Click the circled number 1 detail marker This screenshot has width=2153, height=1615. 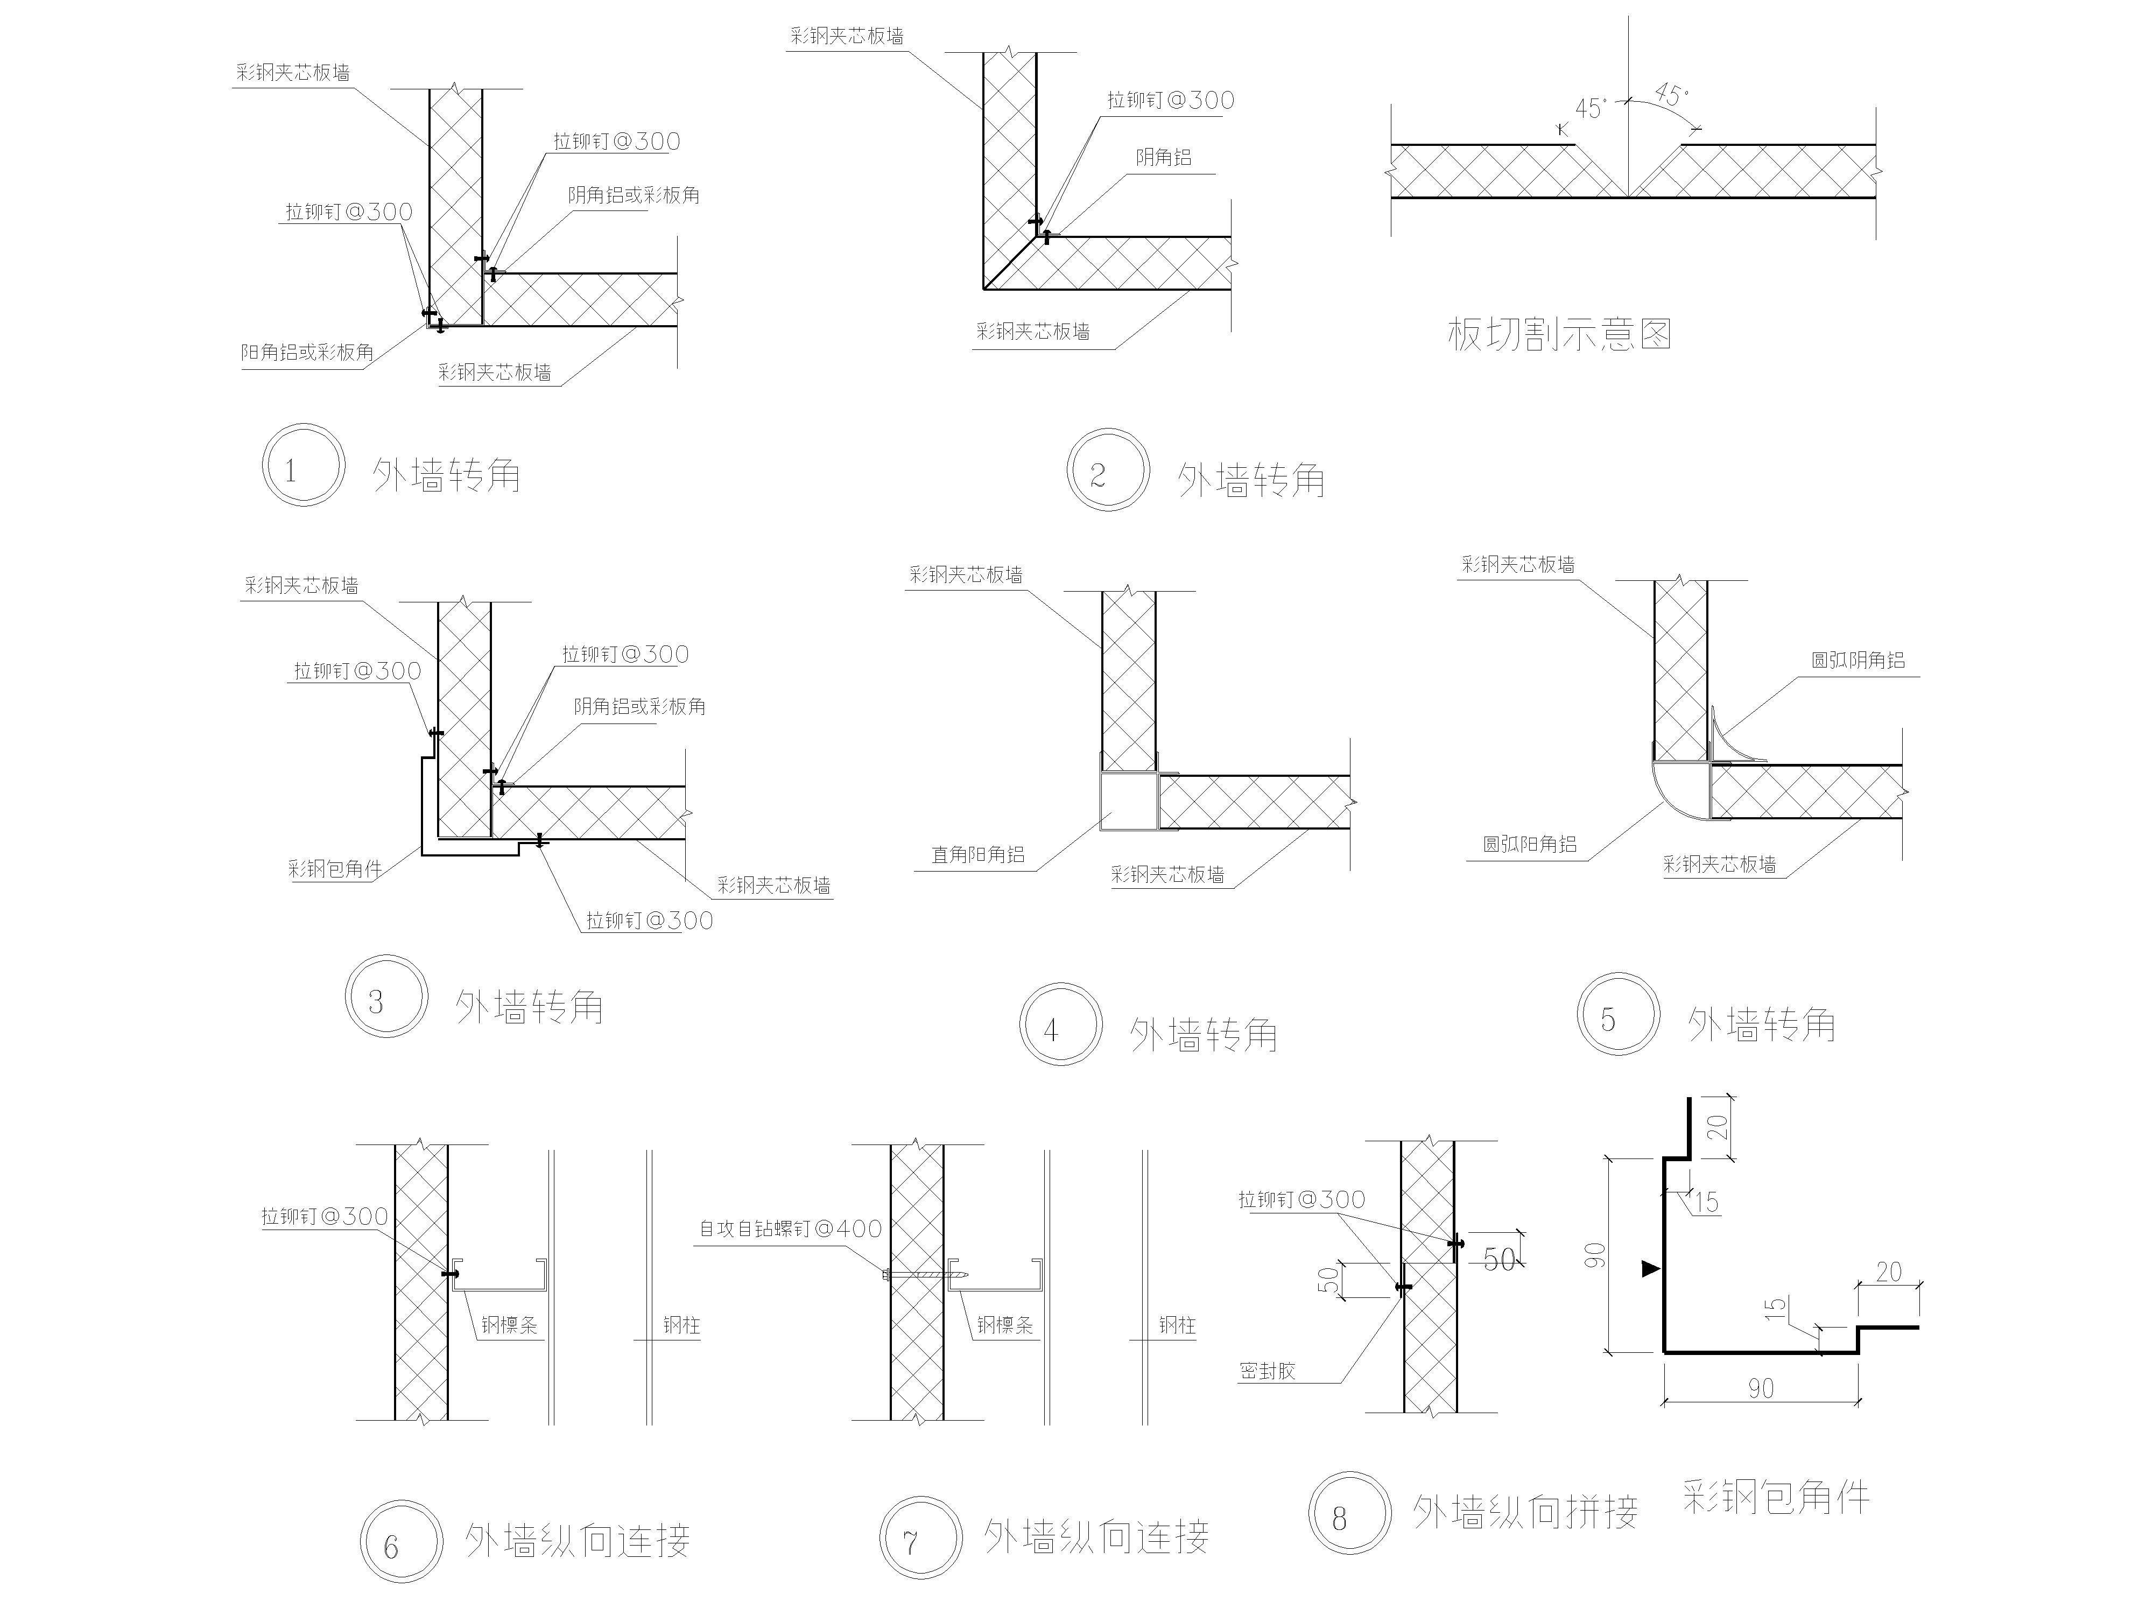pyautogui.click(x=302, y=465)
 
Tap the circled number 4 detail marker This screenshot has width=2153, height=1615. pyautogui.click(x=1061, y=1024)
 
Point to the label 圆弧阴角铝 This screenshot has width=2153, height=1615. pyautogui.click(x=1857, y=660)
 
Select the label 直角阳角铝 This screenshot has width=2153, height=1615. pyautogui.click(x=977, y=855)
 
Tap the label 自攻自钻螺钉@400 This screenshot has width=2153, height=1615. pyautogui.click(x=790, y=1228)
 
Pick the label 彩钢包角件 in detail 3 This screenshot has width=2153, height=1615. pyautogui.click(x=335, y=868)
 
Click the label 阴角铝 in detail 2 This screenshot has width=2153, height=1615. pyautogui.click(x=1163, y=157)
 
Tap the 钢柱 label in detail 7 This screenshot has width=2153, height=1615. pyautogui.click(x=1177, y=1325)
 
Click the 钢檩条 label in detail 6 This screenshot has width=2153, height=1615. pyautogui.click(x=509, y=1325)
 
